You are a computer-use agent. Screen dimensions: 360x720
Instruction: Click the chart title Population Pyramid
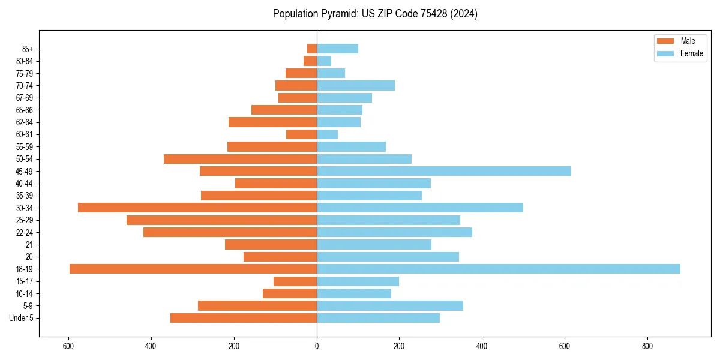pos(375,14)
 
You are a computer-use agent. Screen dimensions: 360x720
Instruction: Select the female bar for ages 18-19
pos(498,269)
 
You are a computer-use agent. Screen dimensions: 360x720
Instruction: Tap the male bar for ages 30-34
pos(197,208)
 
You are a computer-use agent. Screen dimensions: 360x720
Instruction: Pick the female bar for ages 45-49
pos(444,171)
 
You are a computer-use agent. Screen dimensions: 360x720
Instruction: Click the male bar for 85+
pos(312,49)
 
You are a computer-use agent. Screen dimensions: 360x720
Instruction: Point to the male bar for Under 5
pos(244,318)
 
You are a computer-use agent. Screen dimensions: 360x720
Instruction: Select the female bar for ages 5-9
pos(390,305)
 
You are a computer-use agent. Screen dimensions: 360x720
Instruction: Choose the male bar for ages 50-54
pos(240,159)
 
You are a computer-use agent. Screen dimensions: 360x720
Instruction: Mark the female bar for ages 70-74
pos(356,85)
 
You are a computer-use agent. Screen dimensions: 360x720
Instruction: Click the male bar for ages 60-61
pos(301,134)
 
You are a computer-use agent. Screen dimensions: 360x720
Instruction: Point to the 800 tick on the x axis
pos(647,346)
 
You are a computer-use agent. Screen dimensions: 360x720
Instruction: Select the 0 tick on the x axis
pos(317,346)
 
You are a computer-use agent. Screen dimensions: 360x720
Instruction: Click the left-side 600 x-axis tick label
pos(68,346)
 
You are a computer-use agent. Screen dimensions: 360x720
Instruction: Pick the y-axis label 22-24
pos(24,232)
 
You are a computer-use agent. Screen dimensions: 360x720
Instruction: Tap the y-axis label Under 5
pos(22,318)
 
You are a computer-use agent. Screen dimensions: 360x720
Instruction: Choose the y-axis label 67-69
pos(24,98)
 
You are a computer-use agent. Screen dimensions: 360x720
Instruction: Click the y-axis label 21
pos(29,245)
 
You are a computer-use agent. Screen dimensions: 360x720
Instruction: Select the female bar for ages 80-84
pos(324,61)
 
